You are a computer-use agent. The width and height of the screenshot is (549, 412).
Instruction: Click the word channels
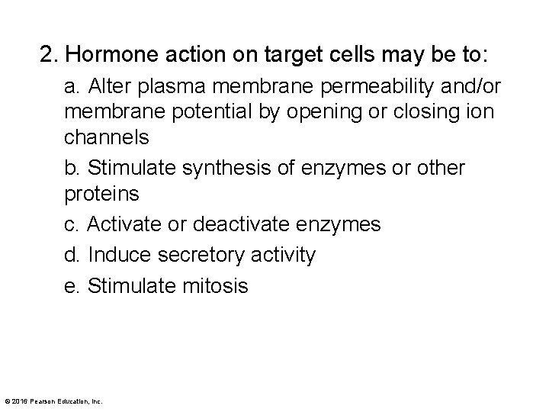point(107,140)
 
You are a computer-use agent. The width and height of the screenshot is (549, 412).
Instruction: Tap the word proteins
point(102,194)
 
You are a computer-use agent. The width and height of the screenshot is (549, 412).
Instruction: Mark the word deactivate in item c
point(241,224)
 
